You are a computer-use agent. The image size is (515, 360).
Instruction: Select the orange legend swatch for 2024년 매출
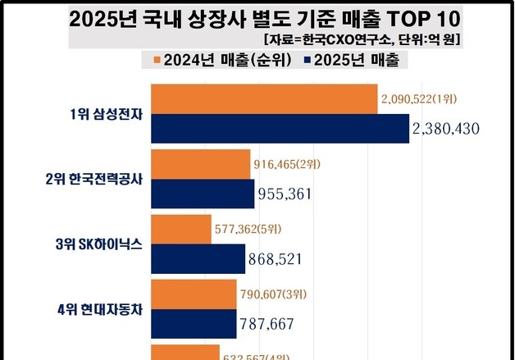point(157,60)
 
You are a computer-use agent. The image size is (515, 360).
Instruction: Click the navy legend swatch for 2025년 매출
point(308,60)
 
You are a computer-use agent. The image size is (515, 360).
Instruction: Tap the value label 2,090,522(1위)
point(419,99)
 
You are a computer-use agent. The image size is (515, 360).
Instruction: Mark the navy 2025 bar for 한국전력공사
point(203,194)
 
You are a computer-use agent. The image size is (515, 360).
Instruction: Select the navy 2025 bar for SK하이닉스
point(198,258)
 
